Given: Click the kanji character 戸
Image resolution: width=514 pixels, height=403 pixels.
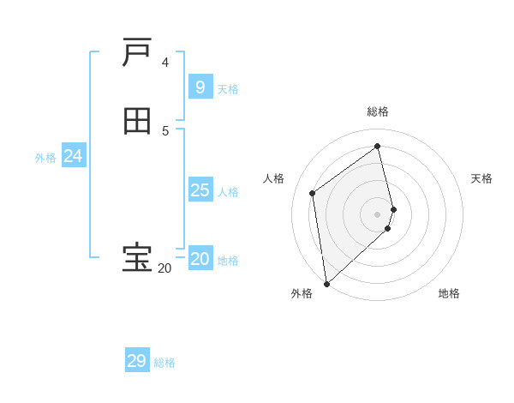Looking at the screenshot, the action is coord(137,53).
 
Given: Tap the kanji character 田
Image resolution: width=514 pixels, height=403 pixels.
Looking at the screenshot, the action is coord(137,121).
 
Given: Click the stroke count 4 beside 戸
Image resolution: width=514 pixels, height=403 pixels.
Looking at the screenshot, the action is coord(164,63).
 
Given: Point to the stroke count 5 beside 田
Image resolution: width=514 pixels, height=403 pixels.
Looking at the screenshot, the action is coord(164,130).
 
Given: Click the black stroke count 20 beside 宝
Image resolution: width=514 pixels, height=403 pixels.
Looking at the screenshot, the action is coord(164,268).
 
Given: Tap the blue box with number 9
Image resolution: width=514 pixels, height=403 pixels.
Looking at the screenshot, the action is coord(200,87).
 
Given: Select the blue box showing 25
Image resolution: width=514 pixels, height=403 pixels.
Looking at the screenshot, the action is coord(200,190).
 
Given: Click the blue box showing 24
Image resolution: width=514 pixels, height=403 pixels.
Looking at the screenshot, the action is coord(74,156).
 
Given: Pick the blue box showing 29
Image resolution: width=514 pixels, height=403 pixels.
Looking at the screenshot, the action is coord(137,361).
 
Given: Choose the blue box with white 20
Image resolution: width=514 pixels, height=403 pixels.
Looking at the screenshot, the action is coord(200,259).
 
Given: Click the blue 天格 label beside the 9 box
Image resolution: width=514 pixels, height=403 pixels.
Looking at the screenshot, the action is coord(228,89).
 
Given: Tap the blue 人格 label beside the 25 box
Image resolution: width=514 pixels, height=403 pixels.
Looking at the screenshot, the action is coord(228,192).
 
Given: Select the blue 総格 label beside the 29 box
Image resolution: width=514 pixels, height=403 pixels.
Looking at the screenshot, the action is coord(164,363).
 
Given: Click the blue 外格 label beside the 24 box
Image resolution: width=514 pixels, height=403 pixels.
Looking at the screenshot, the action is coord(45,158).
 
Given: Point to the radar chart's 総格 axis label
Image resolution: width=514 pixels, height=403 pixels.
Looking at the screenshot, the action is coord(378,111).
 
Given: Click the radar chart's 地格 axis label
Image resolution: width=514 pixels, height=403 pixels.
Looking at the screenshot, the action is coord(449,294).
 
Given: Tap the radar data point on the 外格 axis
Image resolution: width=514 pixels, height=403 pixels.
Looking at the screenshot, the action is coord(326,284).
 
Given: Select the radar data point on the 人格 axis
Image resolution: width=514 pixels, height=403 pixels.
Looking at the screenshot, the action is coord(313,193).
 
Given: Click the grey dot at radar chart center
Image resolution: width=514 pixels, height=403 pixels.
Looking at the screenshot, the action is coord(378,213).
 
